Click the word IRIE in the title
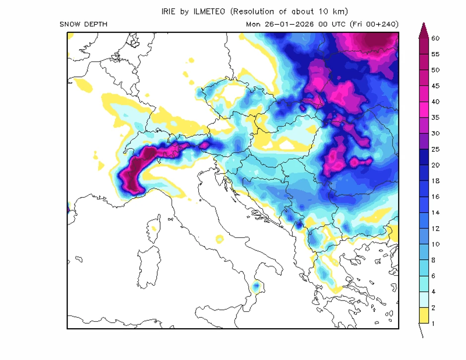coord(170,11)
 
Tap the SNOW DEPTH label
coord(83,24)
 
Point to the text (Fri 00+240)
coord(374,24)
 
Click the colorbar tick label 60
coord(436,38)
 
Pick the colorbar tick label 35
coord(436,118)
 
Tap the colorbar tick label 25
coord(436,149)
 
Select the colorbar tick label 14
coord(436,213)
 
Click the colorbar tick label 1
coord(434,324)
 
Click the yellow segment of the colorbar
coord(424,315)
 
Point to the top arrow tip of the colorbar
coord(424,24)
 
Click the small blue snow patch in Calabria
coord(256,287)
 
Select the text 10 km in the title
coord(335,11)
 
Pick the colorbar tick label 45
coord(436,86)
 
